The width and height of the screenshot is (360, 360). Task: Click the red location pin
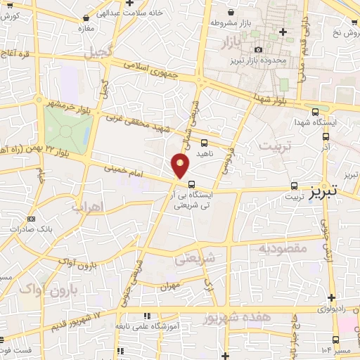[x=181, y=165]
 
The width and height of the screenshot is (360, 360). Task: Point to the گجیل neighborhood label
[x=98, y=51]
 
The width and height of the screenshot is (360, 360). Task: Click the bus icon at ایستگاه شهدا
[x=316, y=111]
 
